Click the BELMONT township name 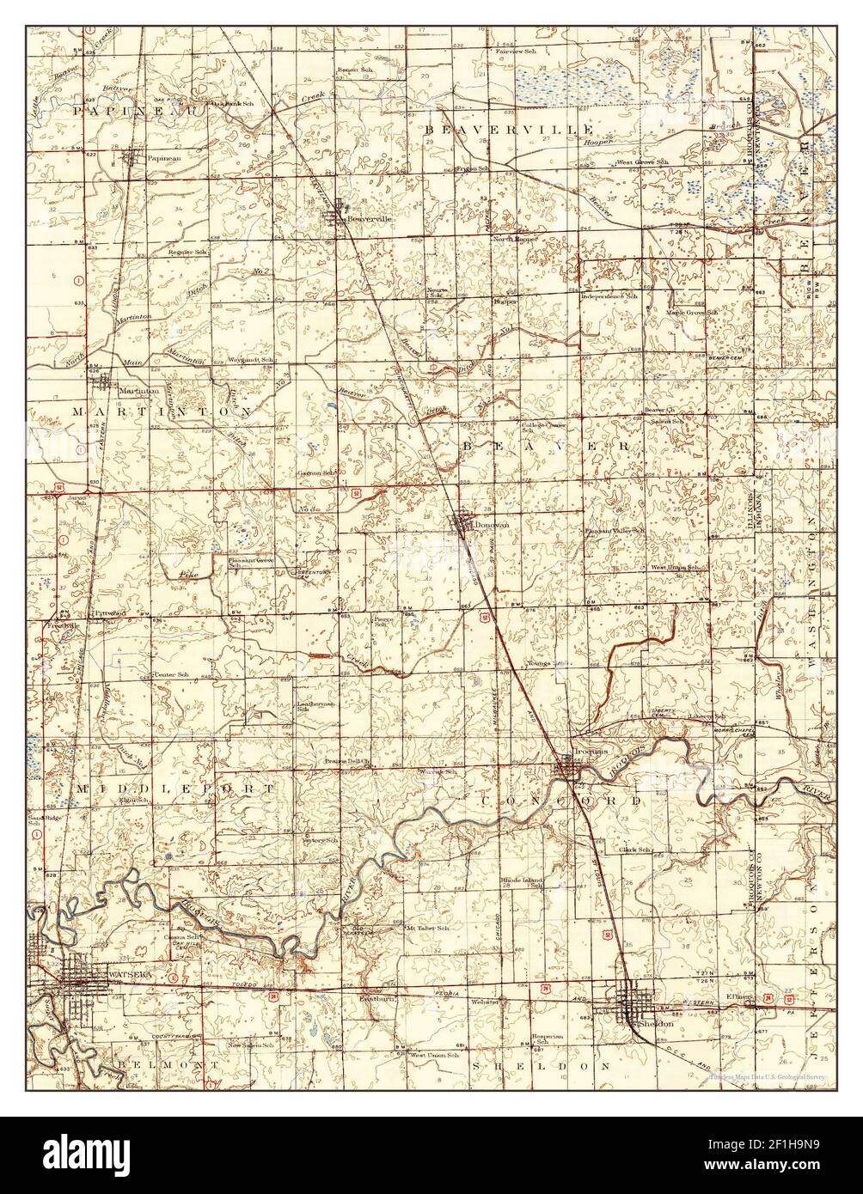click(157, 1063)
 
